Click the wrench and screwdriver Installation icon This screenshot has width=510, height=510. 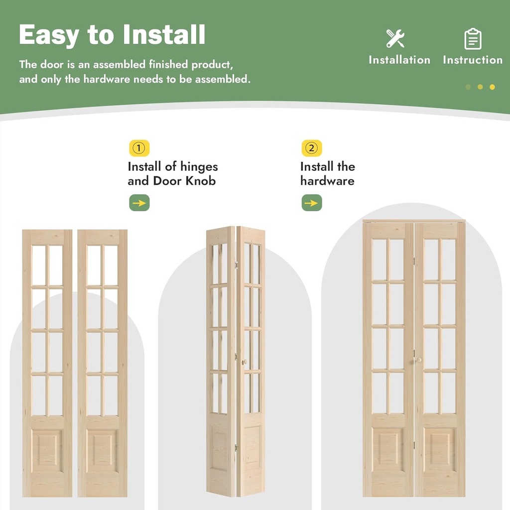[395, 38]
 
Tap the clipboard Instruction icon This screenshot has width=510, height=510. [473, 39]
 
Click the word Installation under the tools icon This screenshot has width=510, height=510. [399, 60]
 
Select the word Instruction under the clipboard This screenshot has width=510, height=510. [473, 60]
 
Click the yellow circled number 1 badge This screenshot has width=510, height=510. [139, 148]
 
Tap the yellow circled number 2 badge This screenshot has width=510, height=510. [312, 148]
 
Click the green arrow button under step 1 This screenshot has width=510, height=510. [139, 203]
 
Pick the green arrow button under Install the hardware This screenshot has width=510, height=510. [312, 203]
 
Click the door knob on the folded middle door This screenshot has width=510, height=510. [244, 362]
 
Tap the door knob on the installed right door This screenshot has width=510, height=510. [418, 360]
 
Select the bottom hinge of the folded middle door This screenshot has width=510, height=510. [236, 447]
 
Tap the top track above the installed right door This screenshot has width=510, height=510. [414, 221]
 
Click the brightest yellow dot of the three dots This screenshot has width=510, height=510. [492, 87]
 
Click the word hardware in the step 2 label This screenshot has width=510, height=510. [327, 181]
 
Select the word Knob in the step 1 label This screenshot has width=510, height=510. [201, 181]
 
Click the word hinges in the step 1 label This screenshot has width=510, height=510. [199, 167]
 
